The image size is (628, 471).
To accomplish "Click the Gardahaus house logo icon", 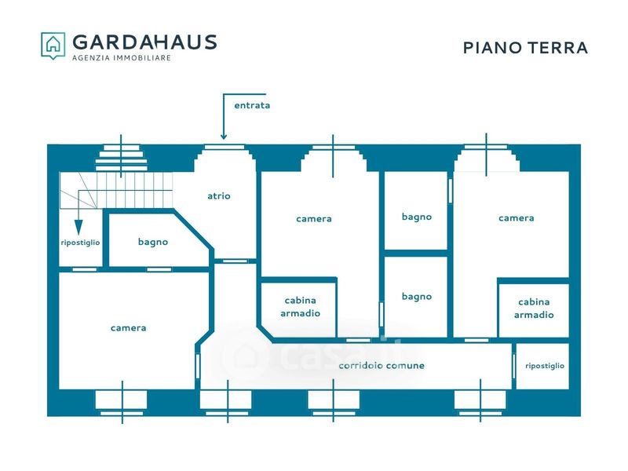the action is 53,46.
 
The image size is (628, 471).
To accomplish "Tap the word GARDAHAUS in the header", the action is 144,42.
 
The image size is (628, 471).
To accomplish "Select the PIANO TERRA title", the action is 525,48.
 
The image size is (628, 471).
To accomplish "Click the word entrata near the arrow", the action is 252,105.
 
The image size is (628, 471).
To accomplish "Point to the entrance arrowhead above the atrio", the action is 224,137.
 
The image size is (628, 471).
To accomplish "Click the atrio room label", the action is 219,195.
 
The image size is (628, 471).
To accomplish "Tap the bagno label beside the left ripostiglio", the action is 153,242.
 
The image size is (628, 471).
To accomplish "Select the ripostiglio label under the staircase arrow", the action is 80,243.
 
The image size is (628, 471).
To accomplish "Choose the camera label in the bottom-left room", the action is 128,328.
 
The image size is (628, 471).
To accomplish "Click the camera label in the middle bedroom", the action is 313,219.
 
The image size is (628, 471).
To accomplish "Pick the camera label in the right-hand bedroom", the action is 517,218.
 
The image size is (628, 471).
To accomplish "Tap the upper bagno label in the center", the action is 417,217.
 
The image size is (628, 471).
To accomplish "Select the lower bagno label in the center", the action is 417,297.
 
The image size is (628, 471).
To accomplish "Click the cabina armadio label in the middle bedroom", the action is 300,307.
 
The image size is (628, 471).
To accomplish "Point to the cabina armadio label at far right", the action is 534,309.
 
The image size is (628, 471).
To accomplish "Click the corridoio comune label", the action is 382,365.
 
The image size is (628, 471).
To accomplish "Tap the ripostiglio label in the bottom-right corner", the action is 545,366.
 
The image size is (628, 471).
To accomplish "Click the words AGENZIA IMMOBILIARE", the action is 122,58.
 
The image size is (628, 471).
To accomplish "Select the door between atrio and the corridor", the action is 235,261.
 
